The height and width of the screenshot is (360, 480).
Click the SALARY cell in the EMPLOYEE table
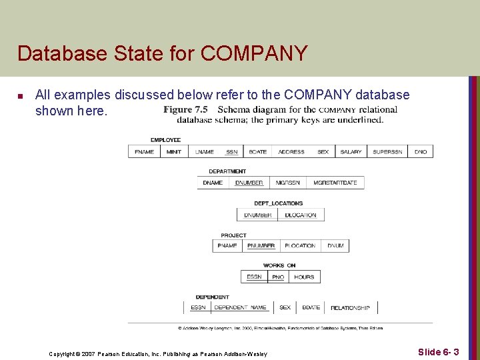351,152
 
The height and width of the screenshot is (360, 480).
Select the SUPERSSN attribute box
387,152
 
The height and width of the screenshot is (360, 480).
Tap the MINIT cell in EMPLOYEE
174,152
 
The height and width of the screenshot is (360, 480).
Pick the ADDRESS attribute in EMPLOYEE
291,152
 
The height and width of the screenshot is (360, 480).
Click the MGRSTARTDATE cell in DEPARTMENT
335,183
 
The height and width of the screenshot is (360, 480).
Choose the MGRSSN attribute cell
288,183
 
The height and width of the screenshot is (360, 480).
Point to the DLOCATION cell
301,215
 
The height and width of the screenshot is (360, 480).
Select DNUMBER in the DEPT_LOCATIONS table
258,215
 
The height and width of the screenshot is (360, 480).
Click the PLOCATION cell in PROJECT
300,246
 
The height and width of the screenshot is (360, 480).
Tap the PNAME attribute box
227,246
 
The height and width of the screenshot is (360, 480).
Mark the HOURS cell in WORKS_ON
304,277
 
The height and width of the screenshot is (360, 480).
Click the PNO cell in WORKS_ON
278,277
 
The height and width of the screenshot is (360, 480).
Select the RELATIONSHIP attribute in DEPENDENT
350,308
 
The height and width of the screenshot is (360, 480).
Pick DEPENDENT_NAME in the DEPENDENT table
240,308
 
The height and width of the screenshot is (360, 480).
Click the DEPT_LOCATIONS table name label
278,203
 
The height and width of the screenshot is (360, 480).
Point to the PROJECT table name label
233,235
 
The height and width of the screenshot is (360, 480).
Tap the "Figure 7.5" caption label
186,110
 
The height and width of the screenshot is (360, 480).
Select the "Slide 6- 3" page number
438,351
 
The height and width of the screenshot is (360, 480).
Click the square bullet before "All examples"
20,97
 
